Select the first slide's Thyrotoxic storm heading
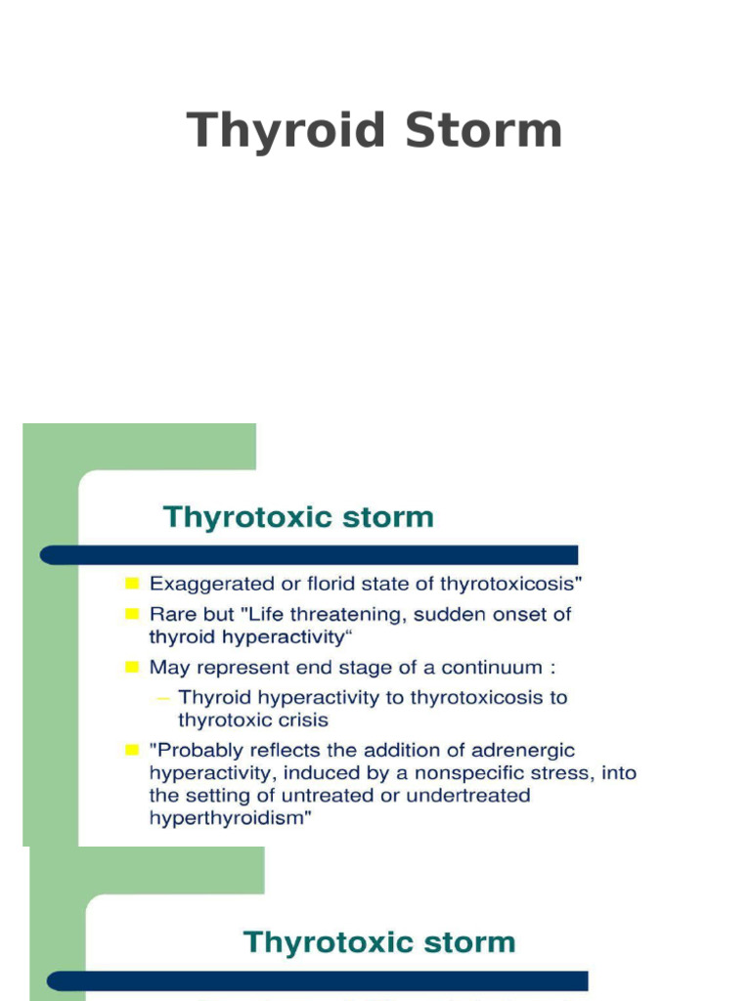point(298,516)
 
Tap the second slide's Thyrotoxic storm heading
point(378,942)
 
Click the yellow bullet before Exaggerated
point(131,585)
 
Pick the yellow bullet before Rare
point(131,615)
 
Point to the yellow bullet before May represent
point(131,668)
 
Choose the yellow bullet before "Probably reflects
point(131,750)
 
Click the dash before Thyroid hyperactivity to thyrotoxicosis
point(163,698)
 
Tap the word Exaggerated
point(204,585)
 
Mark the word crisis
point(301,720)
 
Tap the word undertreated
point(469,796)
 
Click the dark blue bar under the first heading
point(308,554)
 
